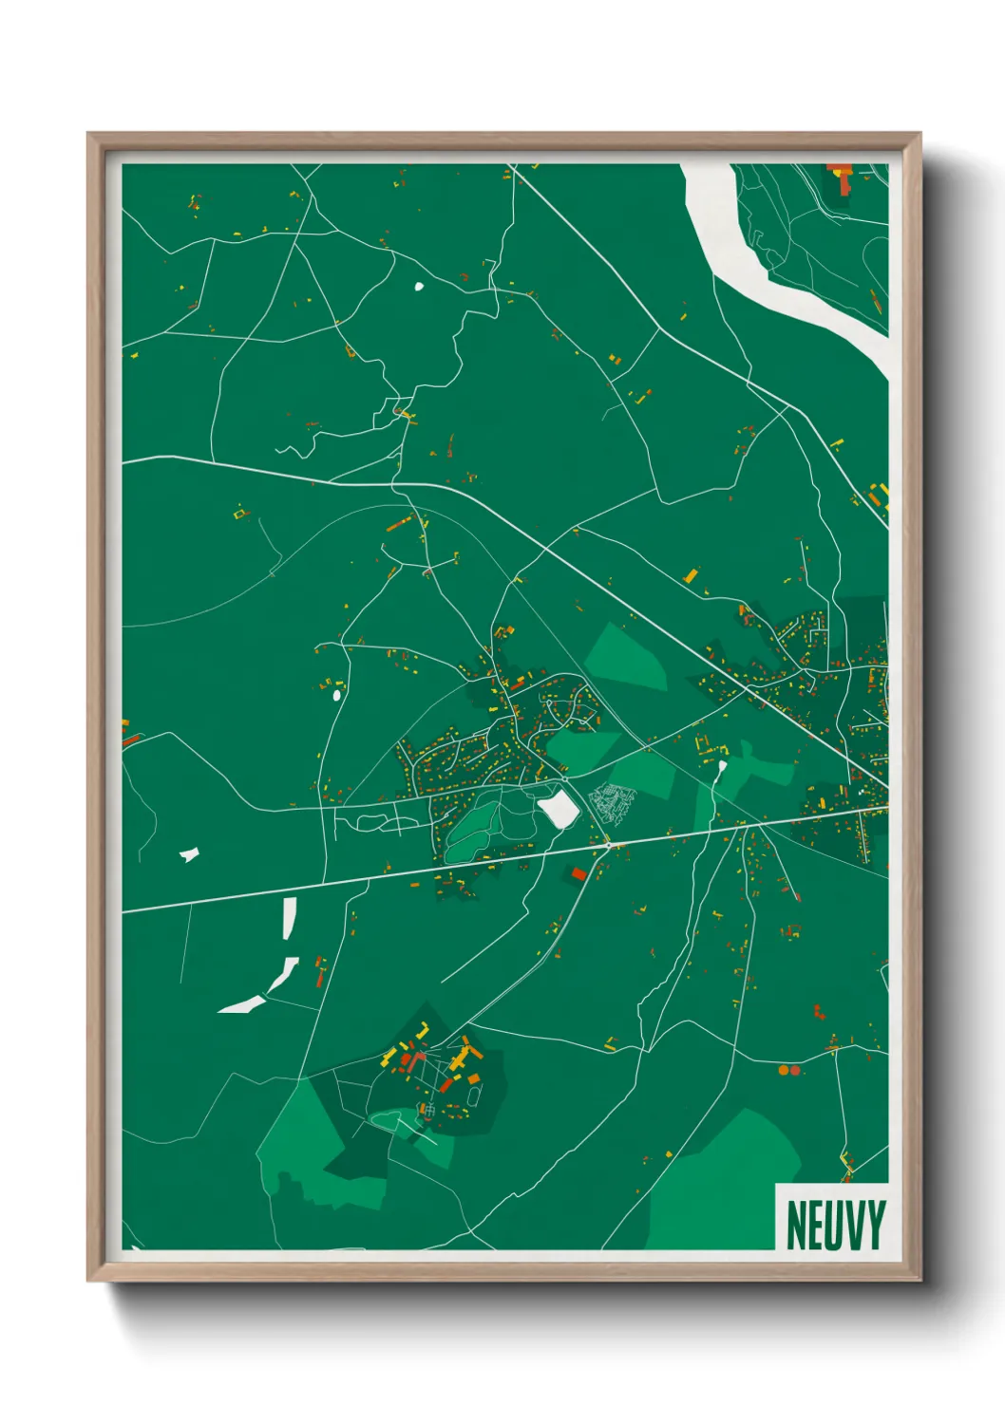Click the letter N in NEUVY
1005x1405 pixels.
tap(796, 1226)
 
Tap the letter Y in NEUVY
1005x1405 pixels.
tap(875, 1226)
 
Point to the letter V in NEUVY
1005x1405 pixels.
tap(856, 1226)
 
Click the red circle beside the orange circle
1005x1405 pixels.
tap(795, 1070)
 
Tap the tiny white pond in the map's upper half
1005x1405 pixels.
tap(418, 285)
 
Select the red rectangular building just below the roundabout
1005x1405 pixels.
tap(578, 873)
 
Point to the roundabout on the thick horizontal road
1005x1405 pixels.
tap(607, 843)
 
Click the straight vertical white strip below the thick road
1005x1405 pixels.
tap(289, 918)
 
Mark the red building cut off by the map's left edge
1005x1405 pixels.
tap(130, 739)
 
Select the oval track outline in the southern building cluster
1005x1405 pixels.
tap(474, 1097)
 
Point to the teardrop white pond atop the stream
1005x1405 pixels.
tap(722, 767)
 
